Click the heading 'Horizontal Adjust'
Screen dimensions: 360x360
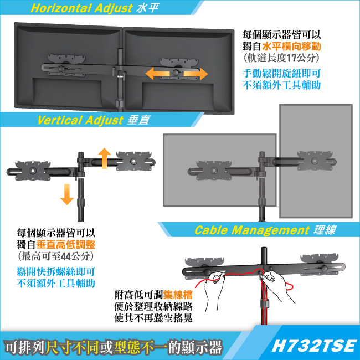81,8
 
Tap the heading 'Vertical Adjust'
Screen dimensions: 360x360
80,120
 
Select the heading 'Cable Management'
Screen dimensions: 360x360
252,230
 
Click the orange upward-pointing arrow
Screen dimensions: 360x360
105,158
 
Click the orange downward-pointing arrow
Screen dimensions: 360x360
67,194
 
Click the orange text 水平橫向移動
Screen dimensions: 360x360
291,47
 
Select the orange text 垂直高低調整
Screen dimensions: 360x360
66,245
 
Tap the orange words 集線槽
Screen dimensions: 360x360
178,295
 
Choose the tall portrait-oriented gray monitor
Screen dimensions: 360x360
316,161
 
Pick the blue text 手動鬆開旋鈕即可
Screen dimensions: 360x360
281,74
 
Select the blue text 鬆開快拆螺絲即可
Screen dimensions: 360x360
56,272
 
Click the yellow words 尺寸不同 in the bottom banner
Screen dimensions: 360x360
72,347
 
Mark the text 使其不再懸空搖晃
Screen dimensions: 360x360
153,318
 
